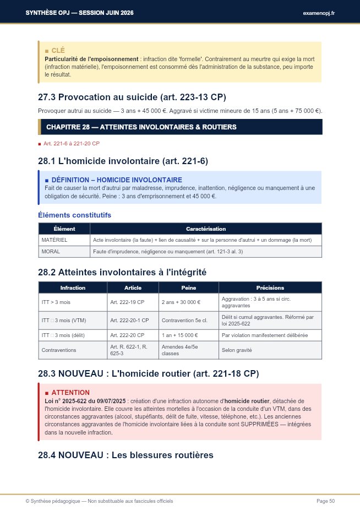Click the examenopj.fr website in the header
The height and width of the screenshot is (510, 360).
point(319,13)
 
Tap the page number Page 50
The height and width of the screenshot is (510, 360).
point(325,501)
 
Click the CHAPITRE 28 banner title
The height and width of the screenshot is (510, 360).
point(141,127)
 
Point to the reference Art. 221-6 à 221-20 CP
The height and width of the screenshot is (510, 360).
point(72,143)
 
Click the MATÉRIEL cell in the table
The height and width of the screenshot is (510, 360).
point(54,240)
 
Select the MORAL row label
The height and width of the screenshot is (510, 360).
point(51,252)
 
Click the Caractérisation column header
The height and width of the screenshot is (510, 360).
point(206,229)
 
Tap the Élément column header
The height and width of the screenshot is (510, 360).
point(64,229)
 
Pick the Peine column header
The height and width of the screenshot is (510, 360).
point(188,287)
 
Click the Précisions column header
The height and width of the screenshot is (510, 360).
point(270,287)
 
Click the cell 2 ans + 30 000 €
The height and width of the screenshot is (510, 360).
point(181,302)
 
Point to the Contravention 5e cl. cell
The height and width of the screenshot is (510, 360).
point(184,320)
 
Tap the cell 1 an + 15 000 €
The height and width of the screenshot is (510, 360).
point(181,335)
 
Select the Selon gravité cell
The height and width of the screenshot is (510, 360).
point(237,350)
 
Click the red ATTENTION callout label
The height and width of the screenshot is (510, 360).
point(70,392)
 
